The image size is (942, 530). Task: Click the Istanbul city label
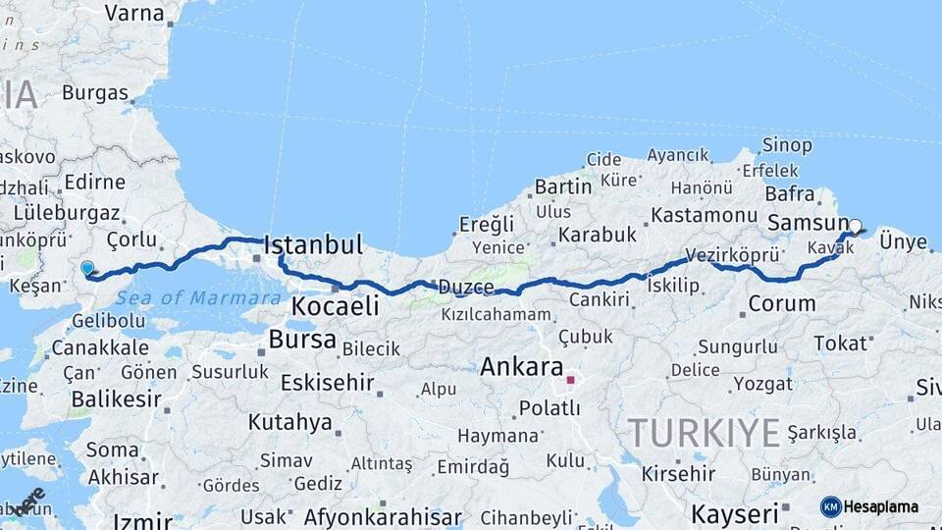pyautogui.click(x=314, y=244)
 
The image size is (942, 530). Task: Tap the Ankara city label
pyautogui.click(x=520, y=367)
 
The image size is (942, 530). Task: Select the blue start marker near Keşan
pyautogui.click(x=87, y=267)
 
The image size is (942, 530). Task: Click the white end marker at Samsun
pyautogui.click(x=855, y=226)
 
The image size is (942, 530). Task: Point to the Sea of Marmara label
pyautogui.click(x=198, y=297)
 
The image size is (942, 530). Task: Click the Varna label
pyautogui.click(x=133, y=13)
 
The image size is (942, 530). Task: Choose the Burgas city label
pyautogui.click(x=95, y=93)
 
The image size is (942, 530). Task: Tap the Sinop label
pyautogui.click(x=787, y=145)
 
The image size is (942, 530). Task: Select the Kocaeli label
pyautogui.click(x=335, y=306)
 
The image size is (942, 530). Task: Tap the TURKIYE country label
pyautogui.click(x=704, y=432)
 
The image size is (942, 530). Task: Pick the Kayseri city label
pyautogui.click(x=735, y=513)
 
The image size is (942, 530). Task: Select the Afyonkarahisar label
pyautogui.click(x=383, y=516)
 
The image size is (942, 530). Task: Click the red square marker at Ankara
pyautogui.click(x=570, y=379)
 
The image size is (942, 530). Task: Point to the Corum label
pyautogui.click(x=781, y=304)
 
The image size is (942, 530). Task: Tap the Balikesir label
pyautogui.click(x=116, y=399)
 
